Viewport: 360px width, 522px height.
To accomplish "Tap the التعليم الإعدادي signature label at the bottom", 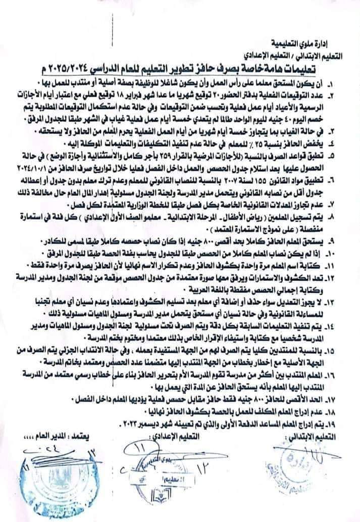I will pyautogui.click(x=185, y=436).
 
